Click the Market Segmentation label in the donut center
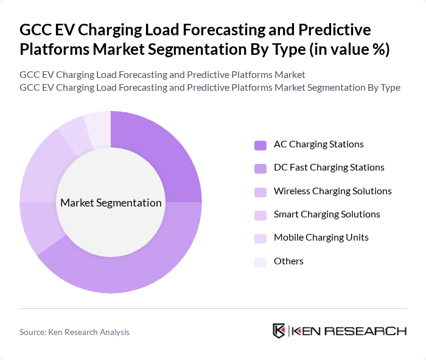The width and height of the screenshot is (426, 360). tap(110, 203)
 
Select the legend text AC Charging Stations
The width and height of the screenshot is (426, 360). tap(318, 144)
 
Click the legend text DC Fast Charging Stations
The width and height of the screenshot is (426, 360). tap(329, 168)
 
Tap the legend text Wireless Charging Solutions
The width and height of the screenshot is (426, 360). tap(332, 191)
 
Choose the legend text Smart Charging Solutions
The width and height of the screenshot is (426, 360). tap(327, 214)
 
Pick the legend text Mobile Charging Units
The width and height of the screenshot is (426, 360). tap(321, 238)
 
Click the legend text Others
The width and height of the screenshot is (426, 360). tap(288, 261)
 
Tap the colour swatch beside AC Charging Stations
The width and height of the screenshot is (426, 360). tap(260, 145)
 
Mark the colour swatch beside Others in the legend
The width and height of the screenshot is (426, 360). tap(260, 262)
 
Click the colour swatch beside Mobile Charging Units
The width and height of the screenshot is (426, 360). tap(260, 238)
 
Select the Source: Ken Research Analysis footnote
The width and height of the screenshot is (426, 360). tap(74, 332)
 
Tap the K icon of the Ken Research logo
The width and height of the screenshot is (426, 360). tap(279, 331)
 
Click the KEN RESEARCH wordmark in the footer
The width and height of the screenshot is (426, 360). tap(349, 331)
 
